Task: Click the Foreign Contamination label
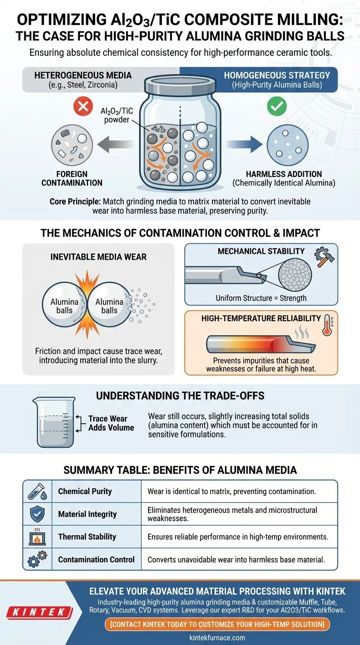[72, 178]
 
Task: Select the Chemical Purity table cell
[85, 491]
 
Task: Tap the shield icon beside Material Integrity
[37, 514]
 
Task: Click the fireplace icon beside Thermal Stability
[37, 536]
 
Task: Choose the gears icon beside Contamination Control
[37, 559]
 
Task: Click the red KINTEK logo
[39, 612]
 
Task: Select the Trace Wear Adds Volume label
[111, 423]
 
